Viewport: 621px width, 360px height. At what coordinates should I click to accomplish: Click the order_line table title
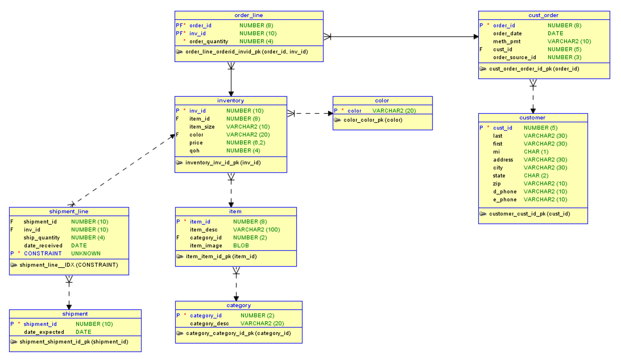coord(249,15)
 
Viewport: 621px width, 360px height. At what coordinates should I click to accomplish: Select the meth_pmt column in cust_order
coord(506,41)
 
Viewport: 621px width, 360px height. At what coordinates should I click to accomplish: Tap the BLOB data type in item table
coord(241,245)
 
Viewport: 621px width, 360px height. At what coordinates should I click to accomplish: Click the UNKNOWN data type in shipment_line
coord(86,253)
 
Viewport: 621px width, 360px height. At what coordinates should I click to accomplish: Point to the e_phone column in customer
coord(504,199)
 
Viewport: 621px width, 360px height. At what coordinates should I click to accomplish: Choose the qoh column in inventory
coord(194,151)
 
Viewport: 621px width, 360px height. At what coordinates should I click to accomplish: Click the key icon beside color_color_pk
coord(337,120)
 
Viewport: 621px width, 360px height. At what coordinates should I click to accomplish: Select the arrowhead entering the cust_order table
coord(476,37)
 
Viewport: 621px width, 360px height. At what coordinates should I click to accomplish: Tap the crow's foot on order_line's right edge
coord(327,37)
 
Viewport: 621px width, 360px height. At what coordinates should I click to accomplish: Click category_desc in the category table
coord(209,323)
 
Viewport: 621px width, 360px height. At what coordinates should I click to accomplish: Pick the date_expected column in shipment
coord(44,332)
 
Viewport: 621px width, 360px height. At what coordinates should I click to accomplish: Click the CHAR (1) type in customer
coord(536,151)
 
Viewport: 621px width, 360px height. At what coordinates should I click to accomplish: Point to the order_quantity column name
coord(209,41)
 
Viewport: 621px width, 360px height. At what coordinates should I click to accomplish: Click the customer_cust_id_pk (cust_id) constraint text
coord(529,214)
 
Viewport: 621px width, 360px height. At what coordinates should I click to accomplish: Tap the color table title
coord(382,100)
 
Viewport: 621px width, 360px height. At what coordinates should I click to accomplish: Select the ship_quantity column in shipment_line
coord(42,237)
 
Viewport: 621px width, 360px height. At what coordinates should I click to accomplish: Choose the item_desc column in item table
coord(203,229)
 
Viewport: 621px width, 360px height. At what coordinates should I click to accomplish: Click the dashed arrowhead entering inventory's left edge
coord(172,137)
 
